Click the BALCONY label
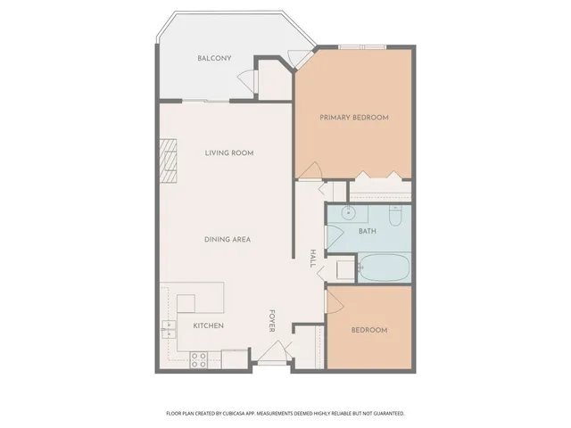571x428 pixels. click(214, 59)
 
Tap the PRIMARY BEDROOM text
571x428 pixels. click(354, 117)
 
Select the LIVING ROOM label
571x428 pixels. click(229, 153)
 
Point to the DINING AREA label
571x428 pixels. click(228, 239)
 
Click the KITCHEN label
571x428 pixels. click(209, 325)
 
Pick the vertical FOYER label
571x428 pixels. click(272, 322)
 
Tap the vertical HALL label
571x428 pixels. click(313, 258)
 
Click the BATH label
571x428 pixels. click(368, 231)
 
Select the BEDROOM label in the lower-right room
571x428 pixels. click(368, 330)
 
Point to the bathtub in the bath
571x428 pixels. click(384, 267)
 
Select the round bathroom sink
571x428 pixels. click(349, 214)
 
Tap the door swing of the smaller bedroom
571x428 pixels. click(335, 300)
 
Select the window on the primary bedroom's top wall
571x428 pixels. click(362, 46)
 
